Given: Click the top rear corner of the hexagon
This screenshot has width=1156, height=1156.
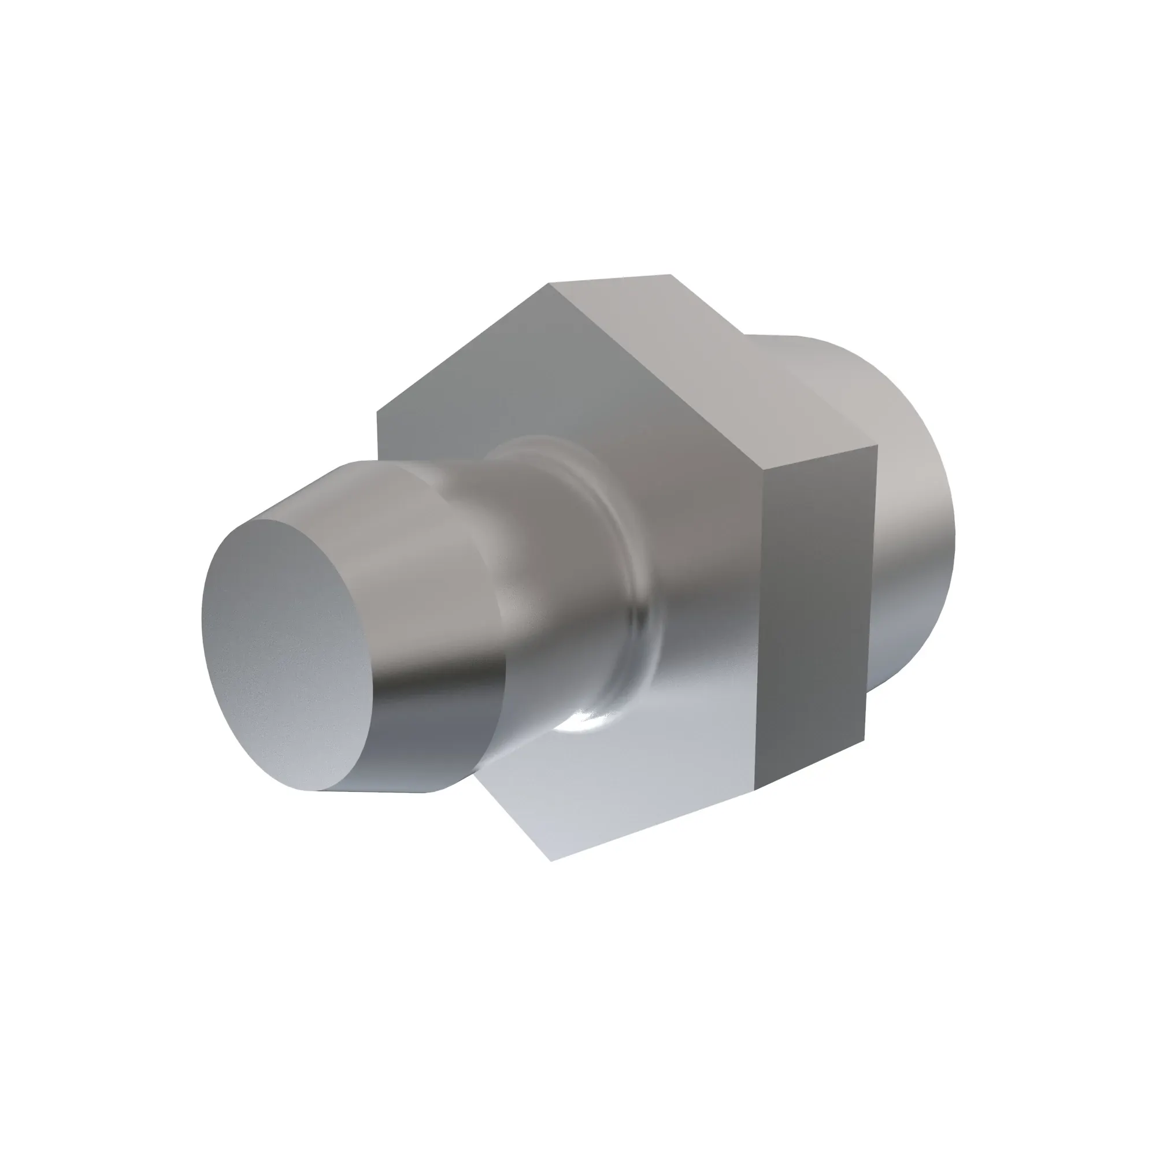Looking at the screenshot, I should pyautogui.click(x=670, y=275).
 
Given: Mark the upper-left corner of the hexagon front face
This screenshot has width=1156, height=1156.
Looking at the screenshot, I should pyautogui.click(x=377, y=412).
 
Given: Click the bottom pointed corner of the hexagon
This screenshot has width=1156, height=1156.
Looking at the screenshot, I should pyautogui.click(x=551, y=861).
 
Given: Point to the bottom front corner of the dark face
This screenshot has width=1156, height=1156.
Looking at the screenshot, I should pyautogui.click(x=755, y=790).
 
